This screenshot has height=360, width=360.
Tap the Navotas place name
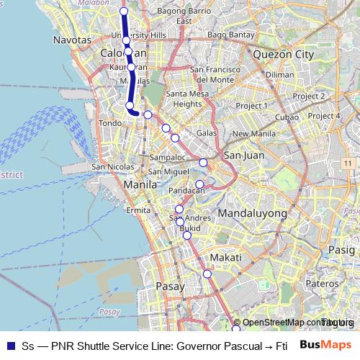73,41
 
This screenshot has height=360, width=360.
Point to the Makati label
224,257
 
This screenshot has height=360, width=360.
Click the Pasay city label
171,286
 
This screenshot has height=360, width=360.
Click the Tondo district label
111,123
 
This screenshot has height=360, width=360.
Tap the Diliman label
279,74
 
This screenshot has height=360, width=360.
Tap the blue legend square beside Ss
10,346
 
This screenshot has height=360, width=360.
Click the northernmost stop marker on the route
124,12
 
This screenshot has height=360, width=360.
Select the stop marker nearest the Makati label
207,273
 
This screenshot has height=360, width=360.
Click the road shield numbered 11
347,164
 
